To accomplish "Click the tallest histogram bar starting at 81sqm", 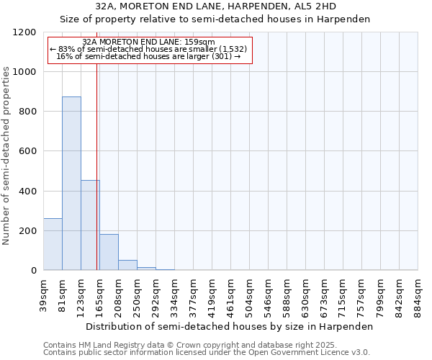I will tap(71, 184).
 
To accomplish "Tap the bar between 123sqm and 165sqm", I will tap(90, 225).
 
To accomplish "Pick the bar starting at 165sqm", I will tap(109, 252).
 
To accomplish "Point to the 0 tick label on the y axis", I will tap(33, 271).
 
